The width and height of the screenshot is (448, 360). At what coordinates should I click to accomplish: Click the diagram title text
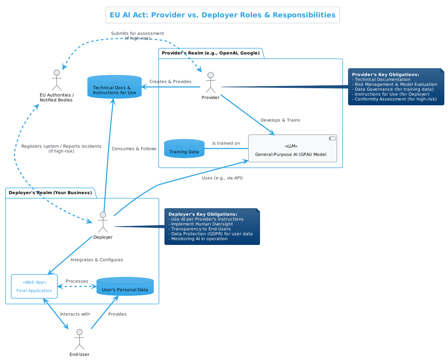(x=222, y=15)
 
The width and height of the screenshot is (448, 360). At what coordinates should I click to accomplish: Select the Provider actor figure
(x=211, y=83)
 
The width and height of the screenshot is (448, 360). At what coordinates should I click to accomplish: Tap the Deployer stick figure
(x=103, y=222)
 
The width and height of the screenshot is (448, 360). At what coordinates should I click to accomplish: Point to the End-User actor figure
(x=79, y=339)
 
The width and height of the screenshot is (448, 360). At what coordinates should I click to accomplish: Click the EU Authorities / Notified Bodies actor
(x=57, y=80)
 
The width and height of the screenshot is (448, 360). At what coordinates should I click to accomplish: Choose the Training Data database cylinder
(x=184, y=149)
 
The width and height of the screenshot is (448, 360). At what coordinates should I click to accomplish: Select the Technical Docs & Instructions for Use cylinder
(x=114, y=87)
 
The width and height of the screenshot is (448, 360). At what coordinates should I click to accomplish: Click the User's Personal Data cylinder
(x=125, y=287)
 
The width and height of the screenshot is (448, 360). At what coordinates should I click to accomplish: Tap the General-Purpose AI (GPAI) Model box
(x=292, y=149)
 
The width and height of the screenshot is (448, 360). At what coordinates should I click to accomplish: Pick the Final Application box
(x=34, y=286)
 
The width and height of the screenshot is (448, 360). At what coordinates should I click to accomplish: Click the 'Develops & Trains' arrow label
(x=280, y=120)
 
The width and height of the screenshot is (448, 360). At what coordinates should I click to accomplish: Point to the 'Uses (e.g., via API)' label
(x=222, y=178)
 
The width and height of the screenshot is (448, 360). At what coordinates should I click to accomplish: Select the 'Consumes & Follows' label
(x=134, y=149)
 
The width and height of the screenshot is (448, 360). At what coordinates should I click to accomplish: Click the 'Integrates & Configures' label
(x=97, y=260)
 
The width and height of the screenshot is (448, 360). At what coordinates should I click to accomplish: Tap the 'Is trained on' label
(x=226, y=143)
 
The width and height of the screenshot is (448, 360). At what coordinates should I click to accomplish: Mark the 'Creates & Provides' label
(x=170, y=82)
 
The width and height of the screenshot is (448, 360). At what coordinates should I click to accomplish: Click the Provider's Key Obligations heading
(x=385, y=75)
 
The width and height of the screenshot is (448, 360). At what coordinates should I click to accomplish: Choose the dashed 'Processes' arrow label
(x=77, y=281)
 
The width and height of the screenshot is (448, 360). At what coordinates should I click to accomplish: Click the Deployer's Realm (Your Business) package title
(x=50, y=193)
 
